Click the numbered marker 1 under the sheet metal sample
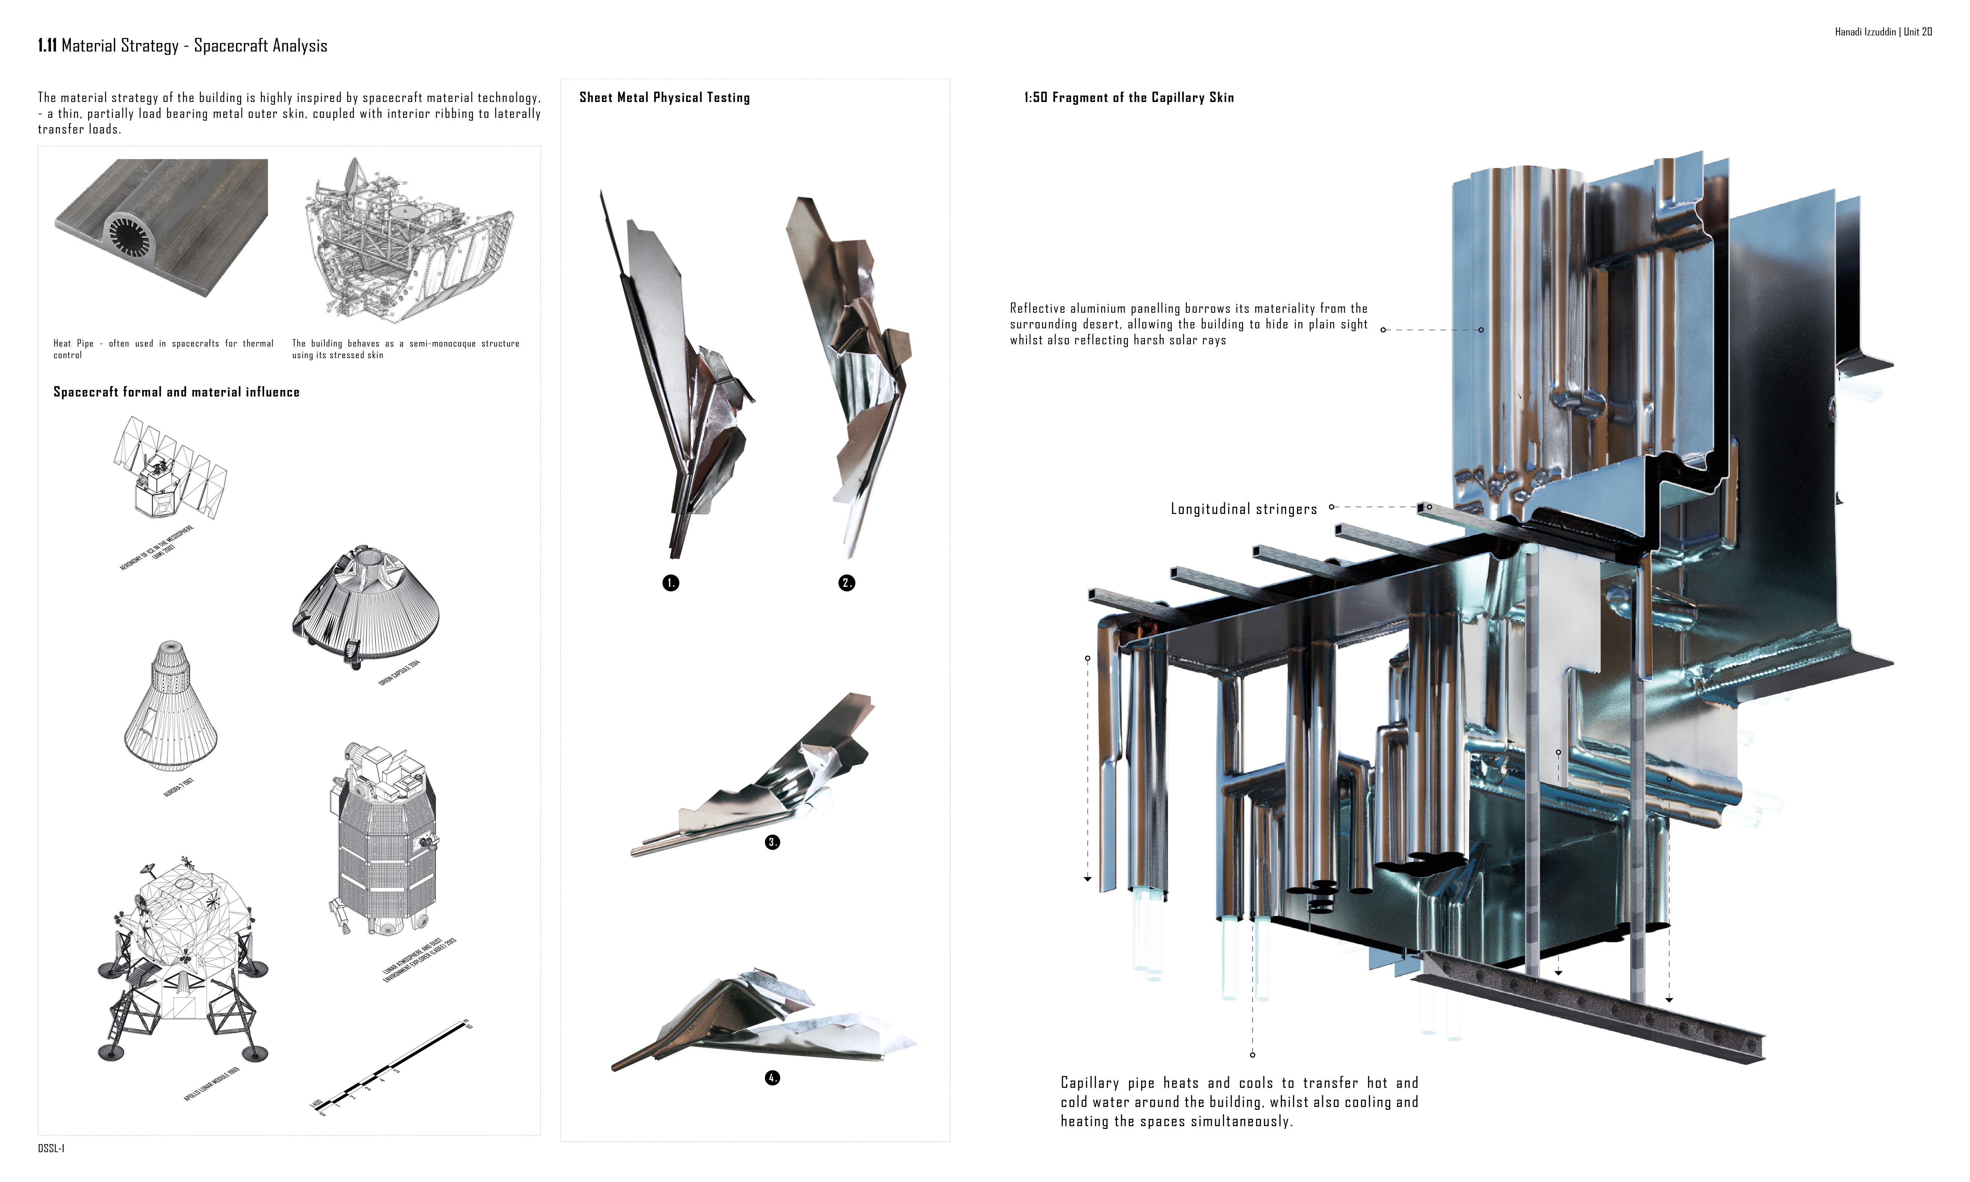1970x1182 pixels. [x=671, y=583]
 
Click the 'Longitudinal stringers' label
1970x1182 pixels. [x=1244, y=509]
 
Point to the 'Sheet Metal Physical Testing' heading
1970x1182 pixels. [x=664, y=97]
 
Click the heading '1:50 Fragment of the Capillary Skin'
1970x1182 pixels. [x=1129, y=97]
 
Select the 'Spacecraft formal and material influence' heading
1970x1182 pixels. [x=176, y=392]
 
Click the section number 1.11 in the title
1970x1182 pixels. [x=47, y=46]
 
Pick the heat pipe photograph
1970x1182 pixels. [x=162, y=227]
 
